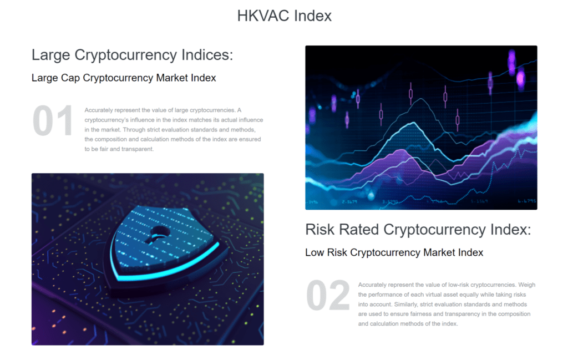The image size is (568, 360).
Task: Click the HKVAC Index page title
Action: [285, 16]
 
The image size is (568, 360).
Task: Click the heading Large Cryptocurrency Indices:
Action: [132, 55]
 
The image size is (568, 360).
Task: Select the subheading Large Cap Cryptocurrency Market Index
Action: [124, 78]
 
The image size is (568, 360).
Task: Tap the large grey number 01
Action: [53, 121]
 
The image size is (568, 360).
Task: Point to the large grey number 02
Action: [328, 295]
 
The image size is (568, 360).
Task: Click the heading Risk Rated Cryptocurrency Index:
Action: [418, 230]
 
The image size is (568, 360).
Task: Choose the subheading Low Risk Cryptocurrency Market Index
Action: [394, 252]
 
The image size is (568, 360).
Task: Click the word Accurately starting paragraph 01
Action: [99, 110]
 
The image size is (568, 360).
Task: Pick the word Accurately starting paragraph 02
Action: [372, 285]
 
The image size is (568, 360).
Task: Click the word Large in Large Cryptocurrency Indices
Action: [50, 55]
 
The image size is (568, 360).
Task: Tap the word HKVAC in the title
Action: [263, 16]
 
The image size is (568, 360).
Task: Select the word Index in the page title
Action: [313, 16]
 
